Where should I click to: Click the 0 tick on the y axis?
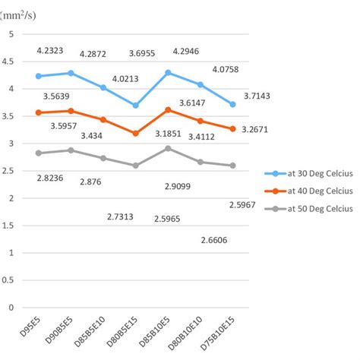[11, 308]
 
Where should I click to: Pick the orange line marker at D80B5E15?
[135, 134]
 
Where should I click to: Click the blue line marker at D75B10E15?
[232, 104]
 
